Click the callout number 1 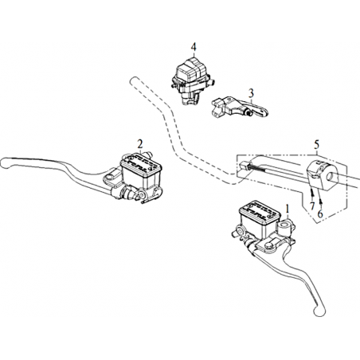(x=287, y=209)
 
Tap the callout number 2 (x=140, y=144)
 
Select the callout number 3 (x=251, y=93)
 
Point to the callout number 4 (x=194, y=47)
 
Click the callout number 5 (x=316, y=145)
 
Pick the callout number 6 (x=320, y=213)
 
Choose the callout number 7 (x=312, y=205)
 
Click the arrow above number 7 (x=312, y=194)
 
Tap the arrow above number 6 (x=320, y=202)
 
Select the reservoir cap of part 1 (x=260, y=210)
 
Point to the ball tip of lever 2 (x=5, y=163)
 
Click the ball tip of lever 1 (x=319, y=311)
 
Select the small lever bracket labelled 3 (x=239, y=107)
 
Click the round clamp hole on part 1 (x=284, y=226)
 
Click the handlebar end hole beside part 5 (x=331, y=175)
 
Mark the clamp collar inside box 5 (x=322, y=176)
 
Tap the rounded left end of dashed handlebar (x=134, y=80)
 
